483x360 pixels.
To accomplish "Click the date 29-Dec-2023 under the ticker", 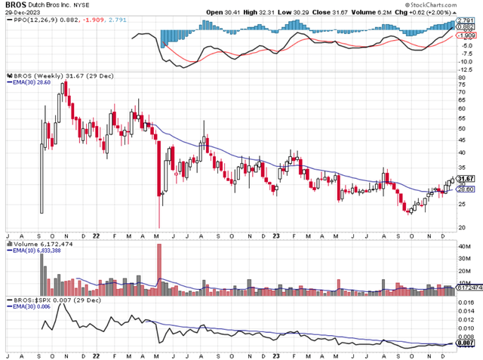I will (25, 13).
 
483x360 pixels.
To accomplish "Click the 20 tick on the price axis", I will (463, 227).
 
